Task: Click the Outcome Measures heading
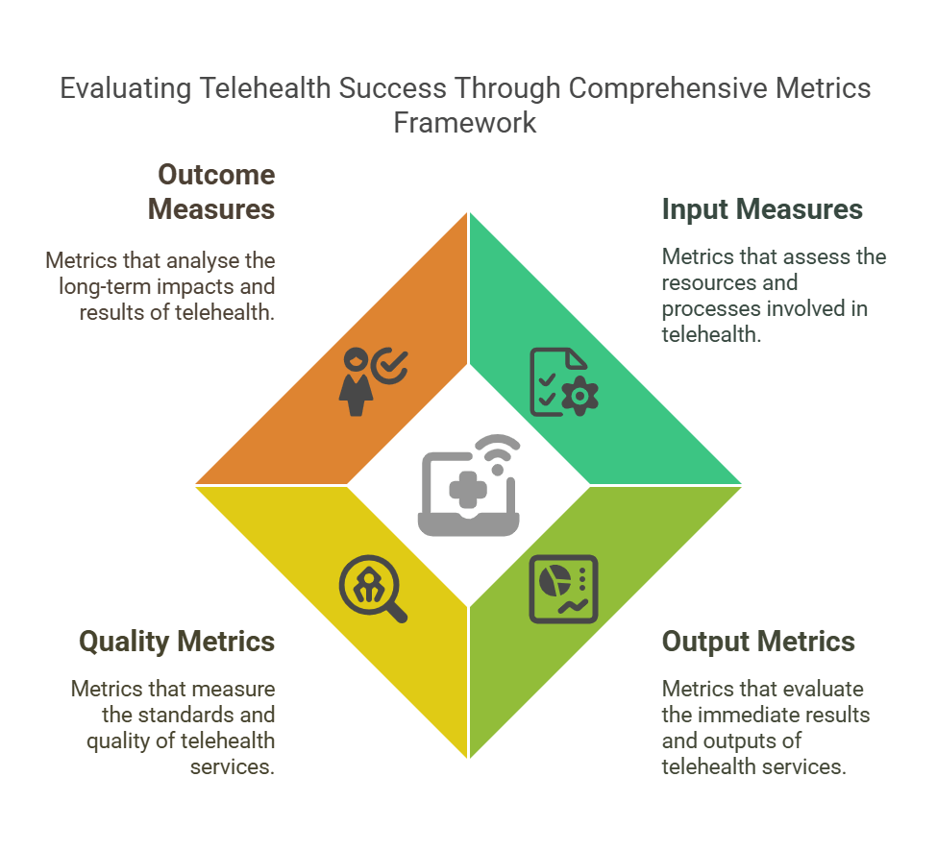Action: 216,192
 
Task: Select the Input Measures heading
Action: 762,209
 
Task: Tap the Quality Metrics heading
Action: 177,641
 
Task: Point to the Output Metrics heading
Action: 758,641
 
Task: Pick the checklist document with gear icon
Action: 563,381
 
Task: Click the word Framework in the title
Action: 465,123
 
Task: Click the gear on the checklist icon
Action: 579,396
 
